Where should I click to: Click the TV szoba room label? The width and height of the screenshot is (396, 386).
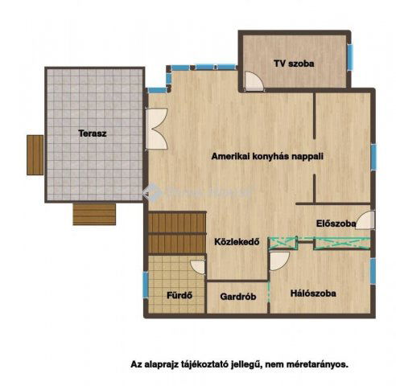coord(294,62)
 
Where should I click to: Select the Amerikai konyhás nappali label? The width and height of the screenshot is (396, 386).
coord(266,157)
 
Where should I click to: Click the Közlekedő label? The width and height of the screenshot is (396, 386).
coord(236,240)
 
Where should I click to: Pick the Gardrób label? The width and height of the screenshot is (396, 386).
coord(237,296)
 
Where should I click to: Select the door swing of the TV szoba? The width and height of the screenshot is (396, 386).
coord(254,81)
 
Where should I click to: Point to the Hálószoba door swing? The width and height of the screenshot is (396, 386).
coord(279,260)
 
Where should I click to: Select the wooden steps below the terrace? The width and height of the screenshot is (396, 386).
coord(95,213)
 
